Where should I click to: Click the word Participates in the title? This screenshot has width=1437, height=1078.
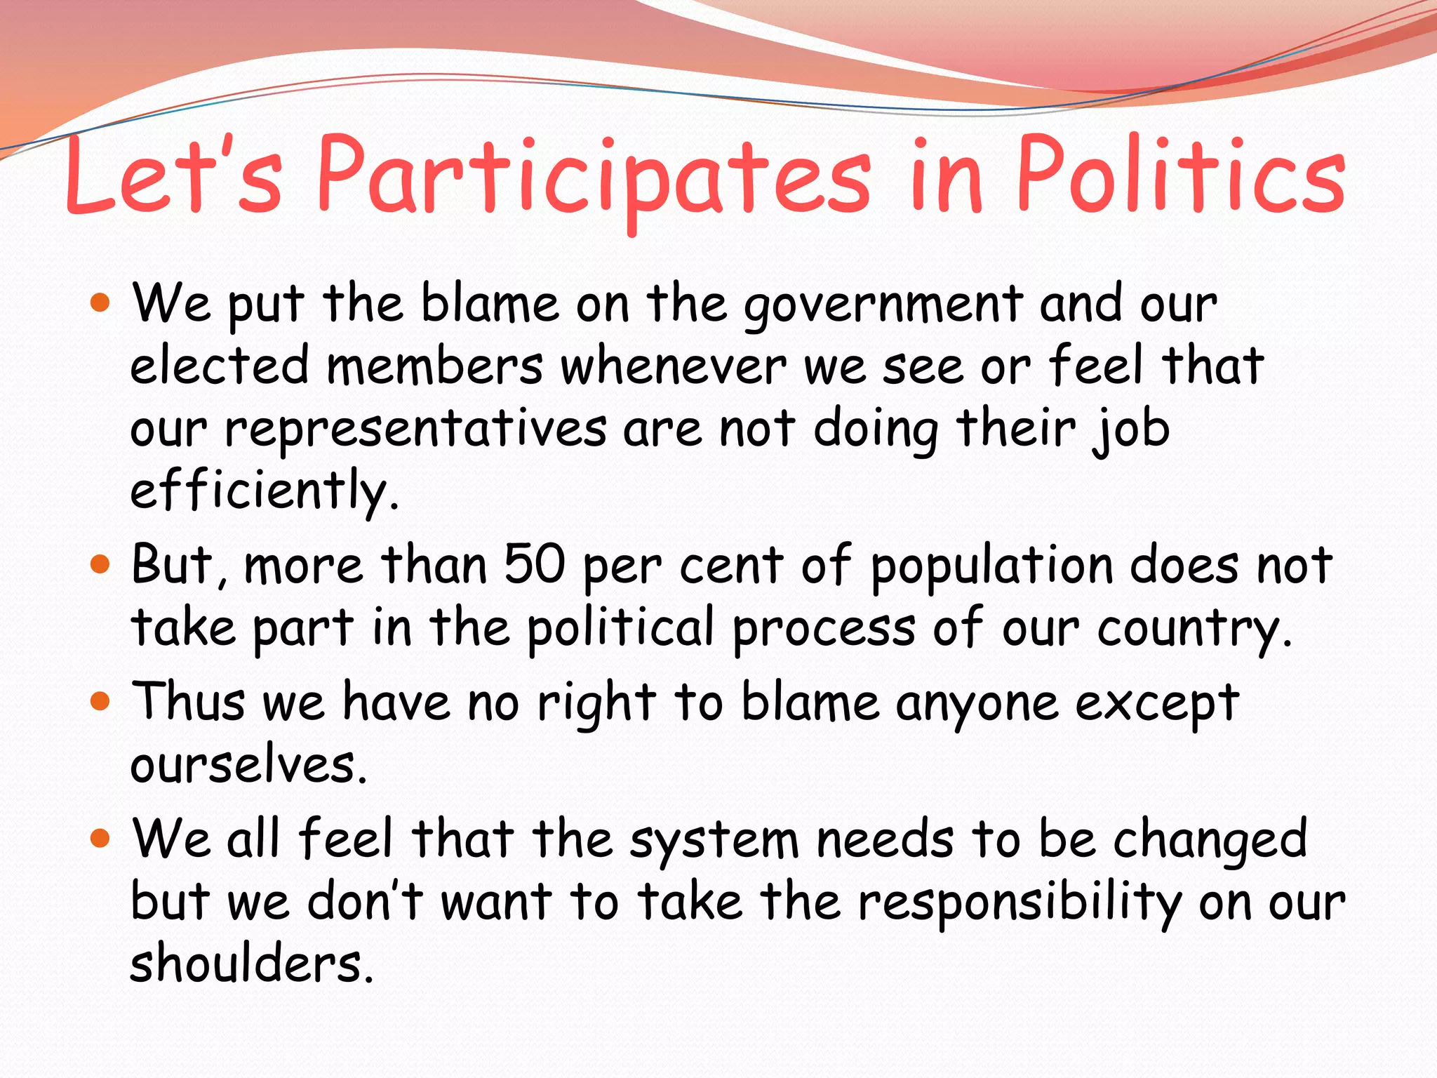[x=594, y=179]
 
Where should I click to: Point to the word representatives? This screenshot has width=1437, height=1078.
[x=415, y=430]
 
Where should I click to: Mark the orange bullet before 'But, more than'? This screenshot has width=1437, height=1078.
[x=101, y=564]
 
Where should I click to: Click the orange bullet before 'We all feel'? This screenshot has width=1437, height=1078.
[x=101, y=837]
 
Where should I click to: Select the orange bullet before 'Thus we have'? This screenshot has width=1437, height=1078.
[x=101, y=700]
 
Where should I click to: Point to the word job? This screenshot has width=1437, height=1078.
[x=1131, y=430]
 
